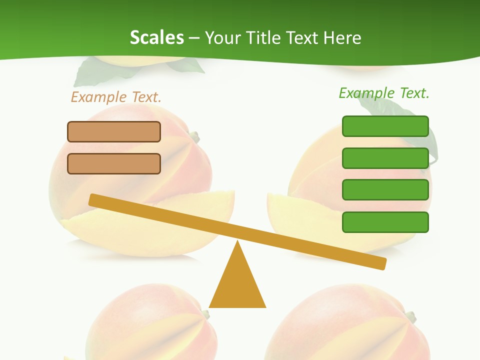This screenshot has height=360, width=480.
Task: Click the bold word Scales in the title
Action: click(x=157, y=37)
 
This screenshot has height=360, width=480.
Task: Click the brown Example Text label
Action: click(x=116, y=97)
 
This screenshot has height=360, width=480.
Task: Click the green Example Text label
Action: click(x=384, y=93)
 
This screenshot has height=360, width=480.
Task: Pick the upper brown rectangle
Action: click(x=114, y=131)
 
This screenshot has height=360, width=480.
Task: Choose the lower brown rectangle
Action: click(x=114, y=163)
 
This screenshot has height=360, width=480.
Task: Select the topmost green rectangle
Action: click(x=385, y=126)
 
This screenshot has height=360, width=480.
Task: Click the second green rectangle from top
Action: click(x=385, y=158)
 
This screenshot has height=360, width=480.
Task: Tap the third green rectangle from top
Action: click(x=385, y=190)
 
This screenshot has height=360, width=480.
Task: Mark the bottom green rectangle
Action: click(x=385, y=222)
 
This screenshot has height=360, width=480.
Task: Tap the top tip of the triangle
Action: click(x=237, y=242)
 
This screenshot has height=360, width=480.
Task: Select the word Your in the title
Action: click(x=223, y=38)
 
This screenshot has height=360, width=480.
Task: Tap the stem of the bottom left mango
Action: click(x=204, y=314)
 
